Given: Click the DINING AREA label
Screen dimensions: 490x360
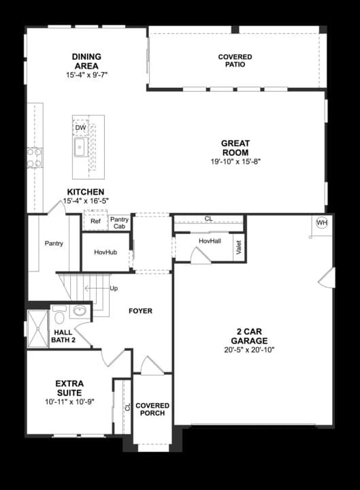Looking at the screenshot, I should point(86,61).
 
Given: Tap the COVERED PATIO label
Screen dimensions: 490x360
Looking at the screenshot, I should point(235,61).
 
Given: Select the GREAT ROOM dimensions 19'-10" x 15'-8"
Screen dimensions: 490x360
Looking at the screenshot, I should point(235,161).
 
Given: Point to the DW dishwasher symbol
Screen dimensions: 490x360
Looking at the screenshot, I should point(80,127).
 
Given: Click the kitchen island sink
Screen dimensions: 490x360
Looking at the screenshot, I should point(80,146).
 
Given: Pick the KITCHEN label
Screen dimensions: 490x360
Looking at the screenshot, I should point(85,192).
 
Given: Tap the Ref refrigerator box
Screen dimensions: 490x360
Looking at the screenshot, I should point(95,221).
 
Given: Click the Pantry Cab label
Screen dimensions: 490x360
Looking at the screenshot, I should point(119,223).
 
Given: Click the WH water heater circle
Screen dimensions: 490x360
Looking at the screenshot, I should point(322,223).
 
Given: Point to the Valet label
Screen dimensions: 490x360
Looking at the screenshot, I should point(238,248).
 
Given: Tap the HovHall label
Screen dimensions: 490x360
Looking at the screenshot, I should point(210,241).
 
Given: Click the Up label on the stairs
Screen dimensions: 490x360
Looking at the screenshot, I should point(114,289).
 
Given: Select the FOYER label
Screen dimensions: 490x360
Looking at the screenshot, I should point(141,311).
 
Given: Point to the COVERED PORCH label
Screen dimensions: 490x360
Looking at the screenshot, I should point(152,409).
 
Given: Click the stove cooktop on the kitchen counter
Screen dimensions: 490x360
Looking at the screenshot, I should point(34,157).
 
